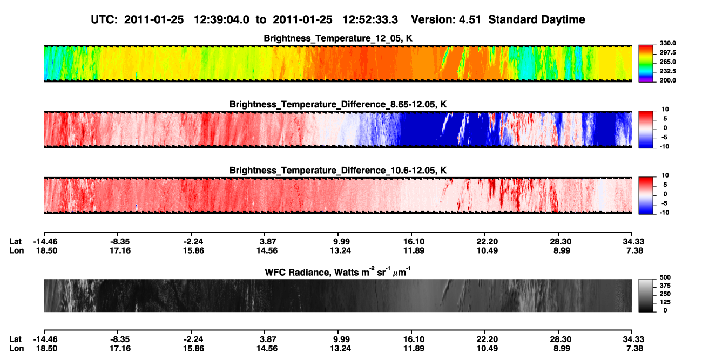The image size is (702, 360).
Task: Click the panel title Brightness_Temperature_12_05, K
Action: click(338, 38)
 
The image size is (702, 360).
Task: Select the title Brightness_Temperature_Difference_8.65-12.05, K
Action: click(338, 104)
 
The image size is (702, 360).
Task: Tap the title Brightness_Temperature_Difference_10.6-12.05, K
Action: click(338, 171)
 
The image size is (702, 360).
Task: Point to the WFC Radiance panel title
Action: click(338, 271)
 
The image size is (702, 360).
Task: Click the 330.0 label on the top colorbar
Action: click(667, 43)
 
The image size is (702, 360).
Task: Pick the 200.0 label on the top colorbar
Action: click(667, 80)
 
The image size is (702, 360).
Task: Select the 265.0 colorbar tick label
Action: click(667, 62)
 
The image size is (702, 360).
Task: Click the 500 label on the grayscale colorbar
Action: click(665, 277)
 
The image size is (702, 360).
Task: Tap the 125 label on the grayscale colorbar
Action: click(665, 302)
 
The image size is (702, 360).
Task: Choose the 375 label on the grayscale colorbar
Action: click(665, 286)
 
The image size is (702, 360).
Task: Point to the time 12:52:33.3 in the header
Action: click(370, 19)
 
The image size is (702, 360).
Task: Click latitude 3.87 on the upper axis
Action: click(268, 242)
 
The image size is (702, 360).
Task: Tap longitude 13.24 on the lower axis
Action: click(340, 349)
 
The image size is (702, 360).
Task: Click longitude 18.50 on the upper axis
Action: click(46, 250)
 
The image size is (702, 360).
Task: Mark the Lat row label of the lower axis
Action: click(15, 339)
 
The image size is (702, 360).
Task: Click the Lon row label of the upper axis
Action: click(17, 250)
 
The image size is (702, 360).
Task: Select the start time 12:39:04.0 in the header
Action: click(221, 19)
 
